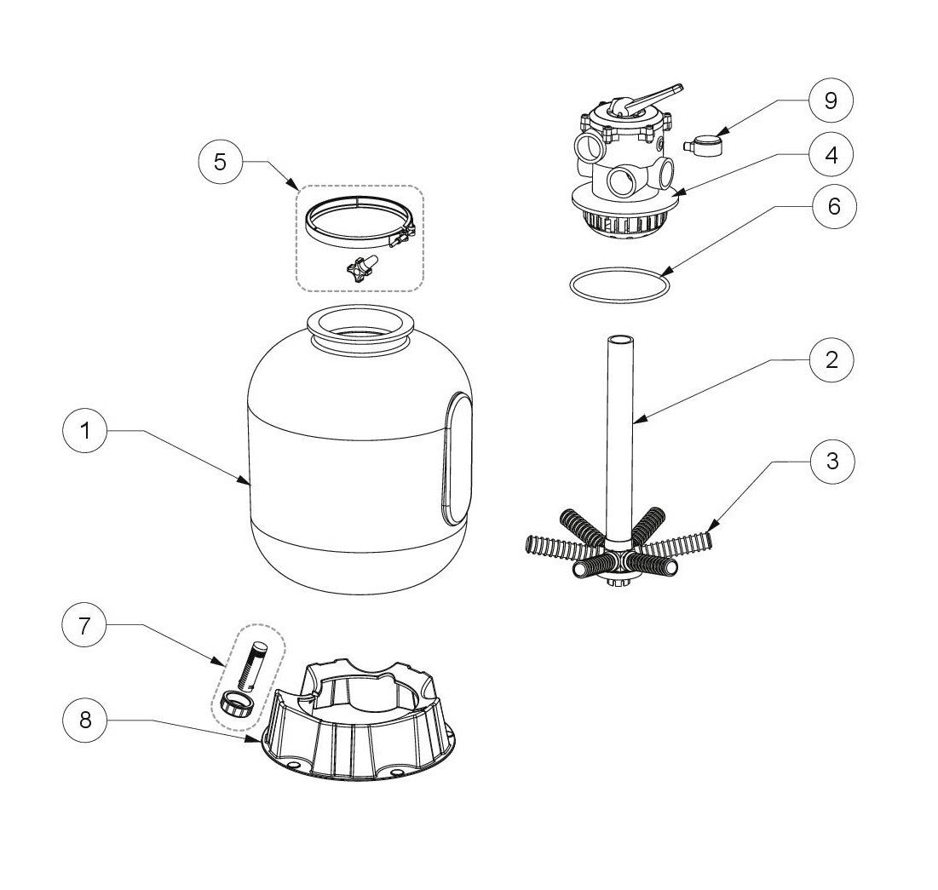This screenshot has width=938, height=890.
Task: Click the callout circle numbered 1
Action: point(85,432)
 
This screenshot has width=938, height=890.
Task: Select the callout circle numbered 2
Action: point(832,359)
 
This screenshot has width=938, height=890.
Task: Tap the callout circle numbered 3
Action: point(832,461)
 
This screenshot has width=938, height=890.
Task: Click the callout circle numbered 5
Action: point(220,161)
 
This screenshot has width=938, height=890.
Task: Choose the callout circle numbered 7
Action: point(85,626)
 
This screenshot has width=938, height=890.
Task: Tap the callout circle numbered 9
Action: point(832,100)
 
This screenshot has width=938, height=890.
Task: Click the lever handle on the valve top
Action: point(656,97)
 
